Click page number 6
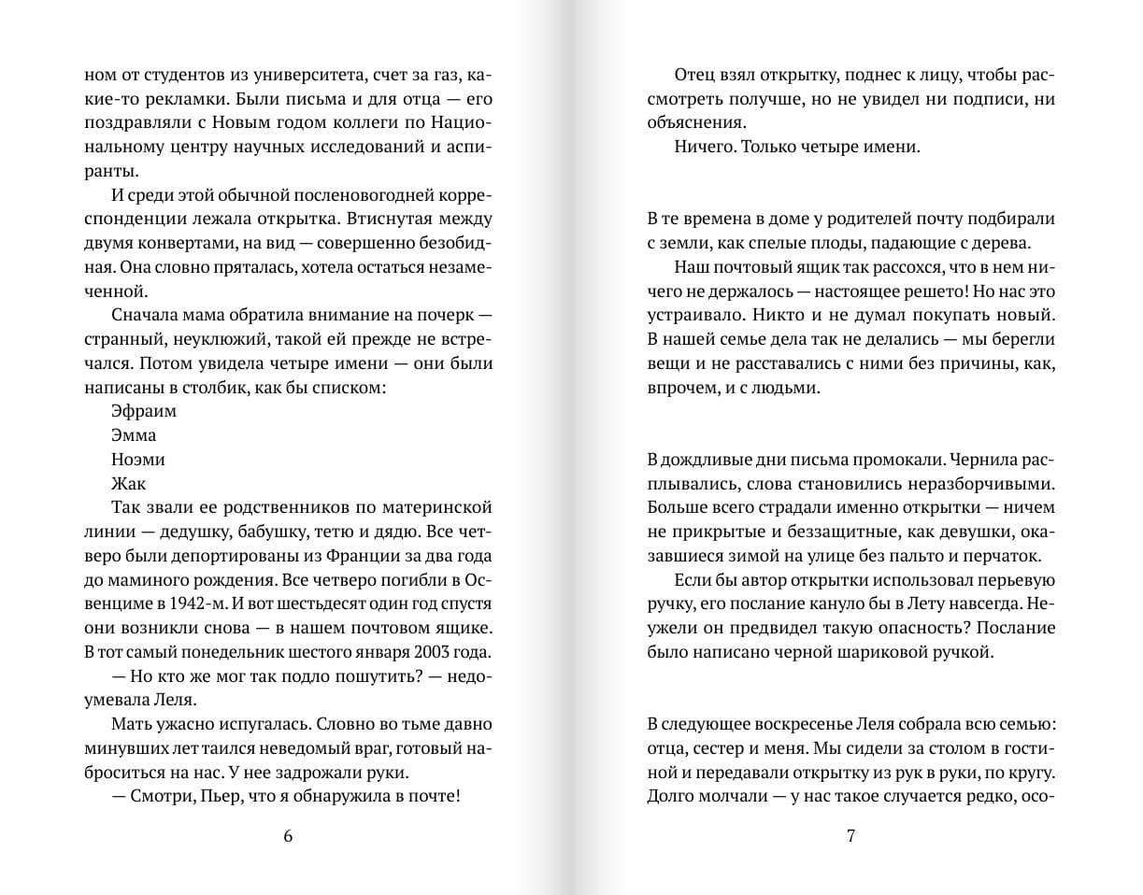click(x=287, y=836)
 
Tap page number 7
click(x=850, y=836)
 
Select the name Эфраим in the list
click(x=144, y=411)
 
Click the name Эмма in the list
click(x=134, y=435)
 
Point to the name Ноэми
click(x=138, y=460)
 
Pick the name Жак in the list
click(x=129, y=484)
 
